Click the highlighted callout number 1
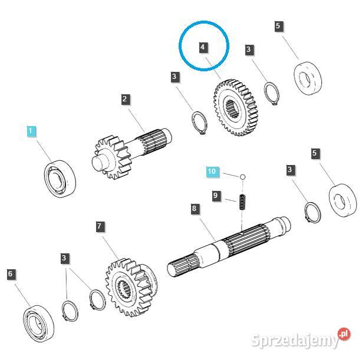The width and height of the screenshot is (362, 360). click(x=31, y=131)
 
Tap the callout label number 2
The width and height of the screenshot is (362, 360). click(x=126, y=100)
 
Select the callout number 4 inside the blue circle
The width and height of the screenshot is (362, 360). click(x=203, y=48)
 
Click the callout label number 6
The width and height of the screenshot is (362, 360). click(x=11, y=275)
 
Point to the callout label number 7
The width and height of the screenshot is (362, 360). click(x=100, y=226)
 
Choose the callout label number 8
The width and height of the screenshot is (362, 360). click(x=195, y=209)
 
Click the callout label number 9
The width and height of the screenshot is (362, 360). click(x=216, y=196)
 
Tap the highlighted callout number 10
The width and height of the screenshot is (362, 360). click(x=212, y=171)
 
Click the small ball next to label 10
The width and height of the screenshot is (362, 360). click(x=242, y=177)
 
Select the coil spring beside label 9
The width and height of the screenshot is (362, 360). click(x=242, y=202)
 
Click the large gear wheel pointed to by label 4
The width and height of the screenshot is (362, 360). click(x=235, y=108)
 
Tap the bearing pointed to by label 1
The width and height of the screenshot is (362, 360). click(x=60, y=179)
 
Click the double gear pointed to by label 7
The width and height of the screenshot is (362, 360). click(x=131, y=288)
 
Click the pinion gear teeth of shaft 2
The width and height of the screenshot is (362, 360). click(x=113, y=157)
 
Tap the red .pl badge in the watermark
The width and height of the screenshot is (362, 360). click(x=344, y=334)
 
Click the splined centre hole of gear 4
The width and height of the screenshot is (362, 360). click(x=231, y=108)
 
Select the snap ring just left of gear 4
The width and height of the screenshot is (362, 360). click(x=199, y=123)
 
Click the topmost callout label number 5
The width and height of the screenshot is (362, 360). click(x=279, y=26)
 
